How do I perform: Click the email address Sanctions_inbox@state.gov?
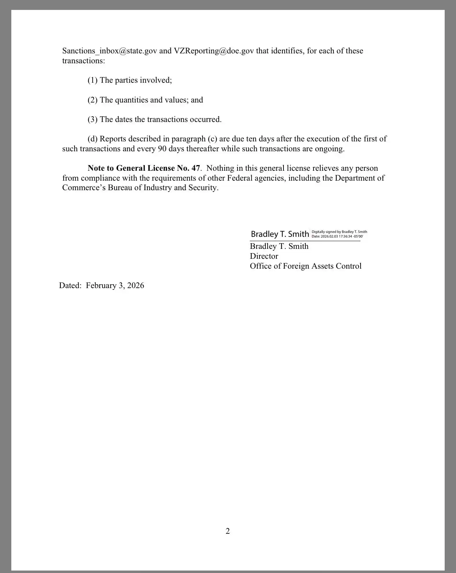pyautogui.click(x=110, y=51)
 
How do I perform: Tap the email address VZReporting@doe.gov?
pyautogui.click(x=214, y=51)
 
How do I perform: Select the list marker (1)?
pyautogui.click(x=93, y=80)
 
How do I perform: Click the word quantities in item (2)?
pyautogui.click(x=131, y=100)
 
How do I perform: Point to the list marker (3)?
pyautogui.click(x=93, y=119)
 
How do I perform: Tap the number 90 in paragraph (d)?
pyautogui.click(x=162, y=149)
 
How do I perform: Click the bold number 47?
pyautogui.click(x=195, y=168)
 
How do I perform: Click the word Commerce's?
pyautogui.click(x=84, y=188)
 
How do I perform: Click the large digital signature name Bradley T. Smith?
pyautogui.click(x=280, y=234)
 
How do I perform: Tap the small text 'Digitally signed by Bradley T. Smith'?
pyautogui.click(x=339, y=232)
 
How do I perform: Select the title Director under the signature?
pyautogui.click(x=264, y=256)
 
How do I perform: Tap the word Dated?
pyautogui.click(x=70, y=286)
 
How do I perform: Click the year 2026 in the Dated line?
pyautogui.click(x=135, y=286)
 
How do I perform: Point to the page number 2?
pyautogui.click(x=228, y=531)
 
